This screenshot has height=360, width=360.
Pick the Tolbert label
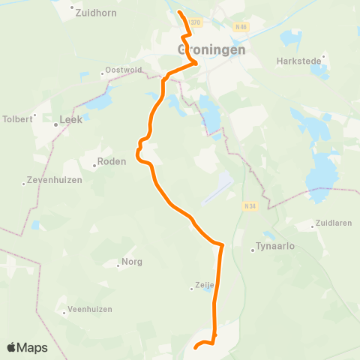(19, 118)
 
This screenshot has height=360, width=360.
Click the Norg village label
(132, 262)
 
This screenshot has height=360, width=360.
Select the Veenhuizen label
(90, 309)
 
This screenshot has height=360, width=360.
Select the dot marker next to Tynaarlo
(253, 250)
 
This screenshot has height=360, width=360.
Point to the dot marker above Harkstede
(324, 55)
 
